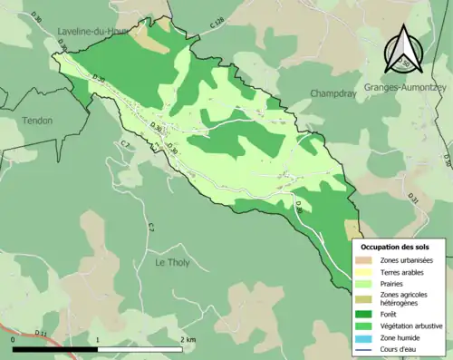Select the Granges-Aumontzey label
coord(406,88)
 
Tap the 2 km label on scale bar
coord(188,339)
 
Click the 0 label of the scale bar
coord(14,339)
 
